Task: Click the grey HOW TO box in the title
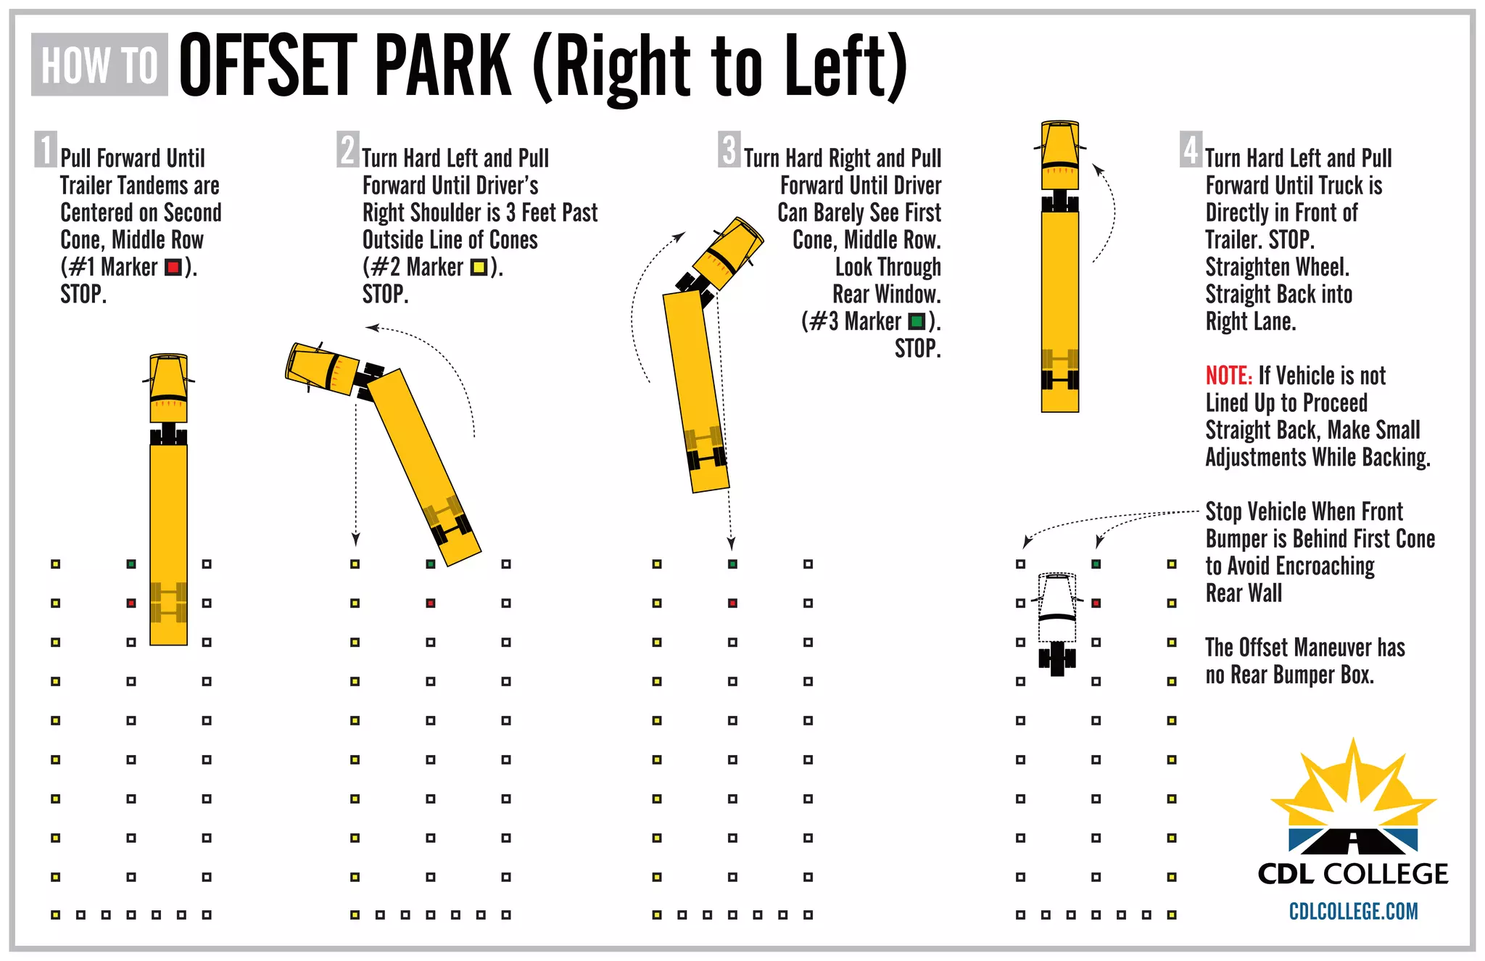pos(99,65)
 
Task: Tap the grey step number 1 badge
pos(45,149)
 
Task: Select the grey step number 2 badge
pos(347,149)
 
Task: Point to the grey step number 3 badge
pos(729,149)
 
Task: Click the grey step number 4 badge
pos(1190,149)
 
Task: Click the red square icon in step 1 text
pos(173,268)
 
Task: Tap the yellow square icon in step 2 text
pos(478,268)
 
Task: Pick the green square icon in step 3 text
pos(917,321)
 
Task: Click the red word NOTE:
pos(1228,376)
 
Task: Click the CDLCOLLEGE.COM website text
pos(1353,912)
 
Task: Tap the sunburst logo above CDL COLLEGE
pos(1353,798)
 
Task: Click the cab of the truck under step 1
pos(168,388)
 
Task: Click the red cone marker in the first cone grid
pos(131,603)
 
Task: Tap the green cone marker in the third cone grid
pos(732,564)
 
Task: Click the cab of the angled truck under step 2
pos(321,369)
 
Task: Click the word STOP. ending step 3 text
pos(917,349)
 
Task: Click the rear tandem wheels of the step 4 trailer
pos(1059,379)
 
